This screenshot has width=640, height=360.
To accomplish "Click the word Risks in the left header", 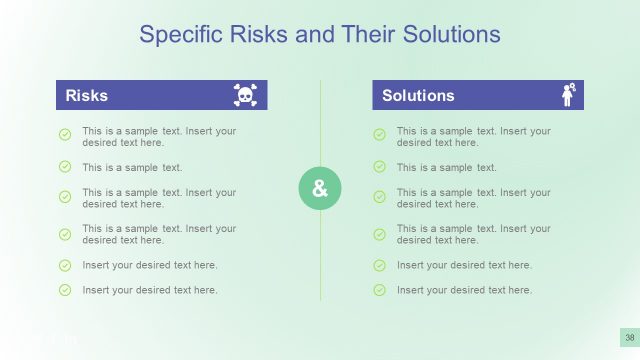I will click(x=86, y=96).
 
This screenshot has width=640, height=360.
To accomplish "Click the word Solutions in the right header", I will click(x=418, y=96).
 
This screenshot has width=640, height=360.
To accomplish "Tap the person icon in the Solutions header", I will click(x=569, y=95).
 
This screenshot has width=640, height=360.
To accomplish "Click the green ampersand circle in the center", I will click(x=320, y=189).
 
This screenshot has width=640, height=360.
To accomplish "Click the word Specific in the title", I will click(x=176, y=35).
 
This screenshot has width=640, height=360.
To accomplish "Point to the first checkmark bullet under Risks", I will click(x=65, y=134).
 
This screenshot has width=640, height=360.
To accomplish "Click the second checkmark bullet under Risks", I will click(x=65, y=166).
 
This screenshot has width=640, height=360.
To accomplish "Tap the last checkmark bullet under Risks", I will click(x=65, y=290).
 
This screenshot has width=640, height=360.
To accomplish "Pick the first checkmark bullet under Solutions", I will click(x=379, y=134).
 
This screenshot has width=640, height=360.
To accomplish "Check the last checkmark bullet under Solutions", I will click(x=379, y=290).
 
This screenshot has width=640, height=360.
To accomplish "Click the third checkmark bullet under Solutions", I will click(x=379, y=197).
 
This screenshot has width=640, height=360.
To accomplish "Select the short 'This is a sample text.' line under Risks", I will click(x=132, y=167).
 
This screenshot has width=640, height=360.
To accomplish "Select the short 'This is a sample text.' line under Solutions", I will click(x=446, y=167).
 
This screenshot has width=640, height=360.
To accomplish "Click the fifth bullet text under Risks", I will click(x=150, y=265).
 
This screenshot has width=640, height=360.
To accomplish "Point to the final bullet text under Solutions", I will click(x=464, y=290).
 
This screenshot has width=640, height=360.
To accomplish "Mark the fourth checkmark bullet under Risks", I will click(x=65, y=234).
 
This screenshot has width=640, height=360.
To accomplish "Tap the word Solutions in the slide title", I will click(x=451, y=35).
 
